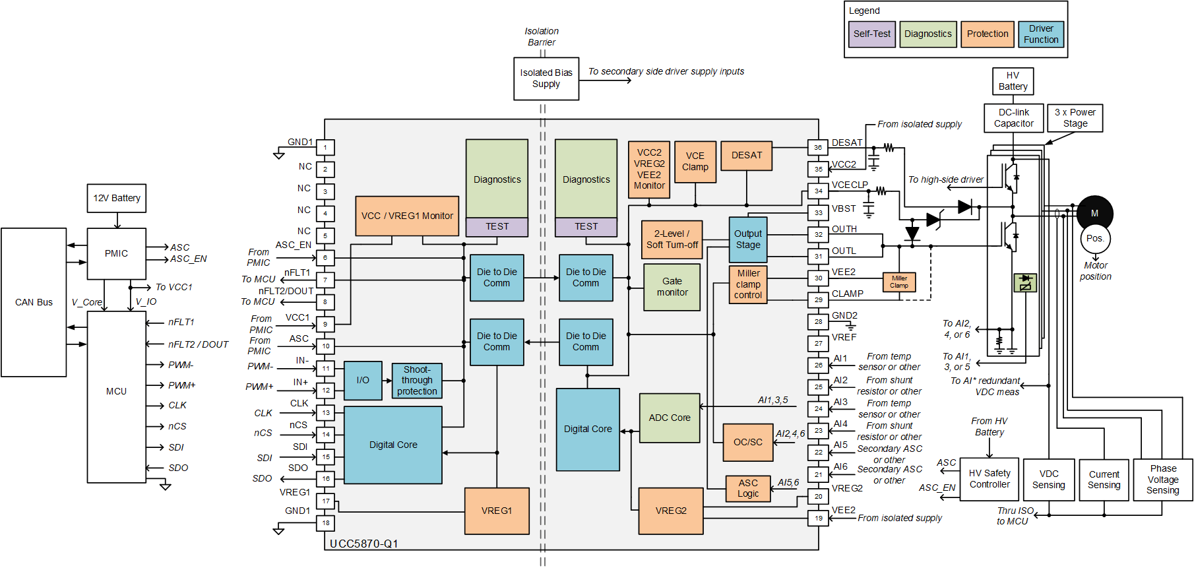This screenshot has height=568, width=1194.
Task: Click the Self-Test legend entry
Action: point(871,34)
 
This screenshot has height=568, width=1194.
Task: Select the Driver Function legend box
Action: point(1040,34)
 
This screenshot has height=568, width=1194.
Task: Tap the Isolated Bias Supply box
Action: point(546,79)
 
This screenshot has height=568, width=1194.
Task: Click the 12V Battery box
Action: point(116,198)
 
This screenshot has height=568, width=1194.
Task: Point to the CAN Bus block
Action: point(34,302)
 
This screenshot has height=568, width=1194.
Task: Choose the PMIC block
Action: point(116,253)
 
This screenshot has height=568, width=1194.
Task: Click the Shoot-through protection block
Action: point(417,381)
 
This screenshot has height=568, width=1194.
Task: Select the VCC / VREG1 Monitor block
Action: point(407,216)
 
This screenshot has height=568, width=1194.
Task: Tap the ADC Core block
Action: point(669,418)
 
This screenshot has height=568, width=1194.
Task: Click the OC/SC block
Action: point(747,442)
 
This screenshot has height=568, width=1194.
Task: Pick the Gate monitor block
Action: point(672,287)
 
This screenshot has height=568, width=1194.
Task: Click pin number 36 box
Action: point(818,148)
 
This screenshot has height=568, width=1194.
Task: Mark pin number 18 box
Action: point(326,522)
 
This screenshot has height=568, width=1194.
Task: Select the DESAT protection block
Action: point(746,156)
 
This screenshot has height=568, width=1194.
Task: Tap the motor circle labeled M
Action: point(1094,213)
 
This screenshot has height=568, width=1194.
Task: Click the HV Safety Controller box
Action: point(989,479)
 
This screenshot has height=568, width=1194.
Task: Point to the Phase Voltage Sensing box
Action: point(1162,480)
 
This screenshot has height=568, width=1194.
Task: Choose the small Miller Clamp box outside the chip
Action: point(898,282)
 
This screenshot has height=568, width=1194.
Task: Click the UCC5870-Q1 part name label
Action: point(363,544)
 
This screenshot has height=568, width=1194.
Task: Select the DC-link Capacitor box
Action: point(1013,118)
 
